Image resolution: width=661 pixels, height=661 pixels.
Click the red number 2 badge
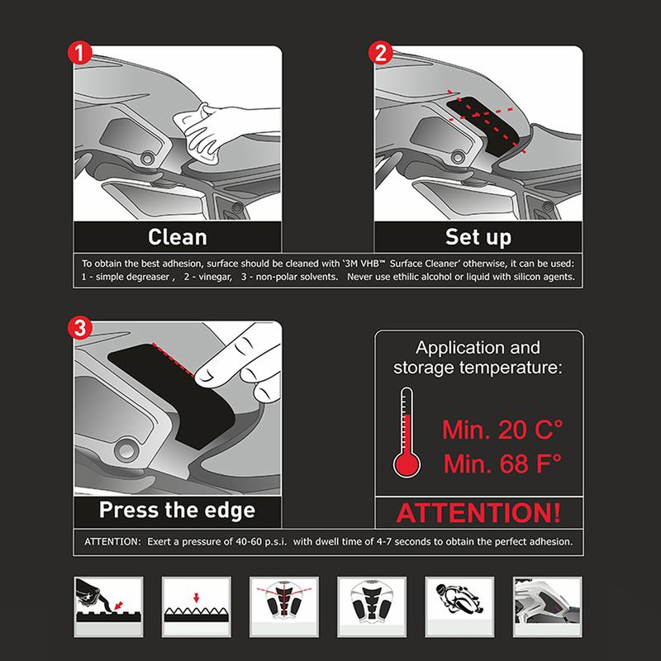click(381, 55)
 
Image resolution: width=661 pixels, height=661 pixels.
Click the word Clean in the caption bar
click(177, 237)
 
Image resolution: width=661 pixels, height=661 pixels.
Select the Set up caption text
click(480, 237)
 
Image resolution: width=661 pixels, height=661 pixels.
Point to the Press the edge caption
click(177, 509)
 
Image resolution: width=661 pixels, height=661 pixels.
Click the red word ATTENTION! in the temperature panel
click(478, 511)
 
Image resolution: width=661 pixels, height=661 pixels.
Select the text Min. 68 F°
click(502, 464)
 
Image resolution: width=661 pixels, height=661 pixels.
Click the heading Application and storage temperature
click(479, 357)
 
